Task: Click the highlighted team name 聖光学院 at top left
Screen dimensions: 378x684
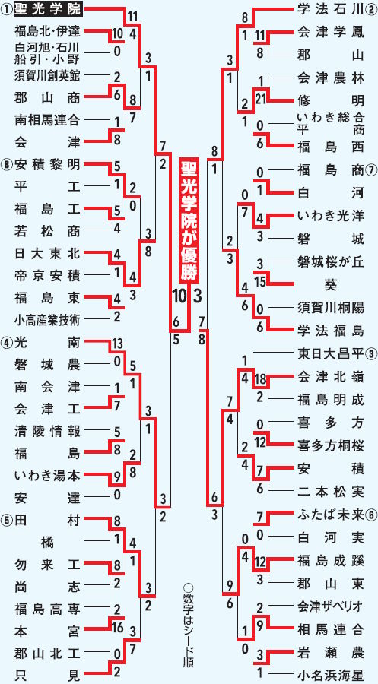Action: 48,8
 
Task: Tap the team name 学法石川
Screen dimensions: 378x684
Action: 330,8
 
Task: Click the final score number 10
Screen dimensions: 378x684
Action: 179,296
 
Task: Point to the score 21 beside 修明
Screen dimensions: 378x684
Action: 262,100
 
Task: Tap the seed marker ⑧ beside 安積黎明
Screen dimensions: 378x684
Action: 8,165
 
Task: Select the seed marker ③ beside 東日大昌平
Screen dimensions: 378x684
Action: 370,353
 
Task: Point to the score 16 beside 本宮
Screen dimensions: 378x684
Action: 117,629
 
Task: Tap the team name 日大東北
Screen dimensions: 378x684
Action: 47,253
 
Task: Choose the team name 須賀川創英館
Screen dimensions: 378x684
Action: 47,74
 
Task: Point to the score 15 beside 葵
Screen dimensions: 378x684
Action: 261,282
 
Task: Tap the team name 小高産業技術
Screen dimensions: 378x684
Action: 47,320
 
